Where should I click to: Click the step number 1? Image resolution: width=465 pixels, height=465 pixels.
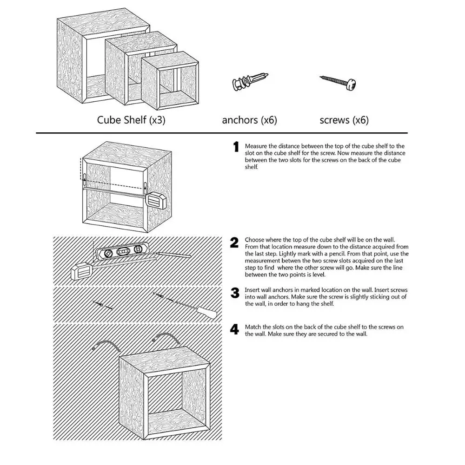236,147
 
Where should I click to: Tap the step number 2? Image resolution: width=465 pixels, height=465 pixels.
235,242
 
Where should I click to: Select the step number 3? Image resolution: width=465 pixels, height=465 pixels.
235,293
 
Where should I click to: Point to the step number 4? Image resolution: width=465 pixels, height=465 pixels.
235,329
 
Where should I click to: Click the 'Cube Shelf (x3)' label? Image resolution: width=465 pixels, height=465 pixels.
131,120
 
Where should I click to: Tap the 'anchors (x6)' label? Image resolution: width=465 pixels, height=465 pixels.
249,120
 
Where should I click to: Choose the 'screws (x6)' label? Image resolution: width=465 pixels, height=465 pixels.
344,120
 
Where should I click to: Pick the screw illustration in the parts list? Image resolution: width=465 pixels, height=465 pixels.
340,82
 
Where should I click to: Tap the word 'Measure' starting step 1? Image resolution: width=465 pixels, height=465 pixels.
255,146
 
